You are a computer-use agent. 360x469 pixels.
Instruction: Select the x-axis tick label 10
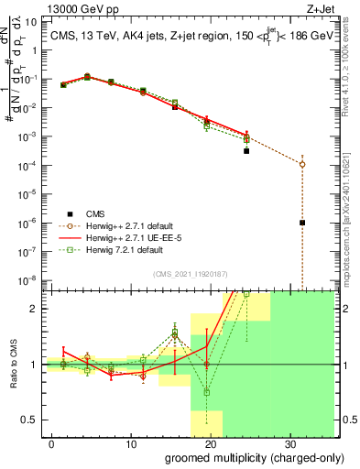130,443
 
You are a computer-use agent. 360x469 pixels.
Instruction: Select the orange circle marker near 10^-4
302,164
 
